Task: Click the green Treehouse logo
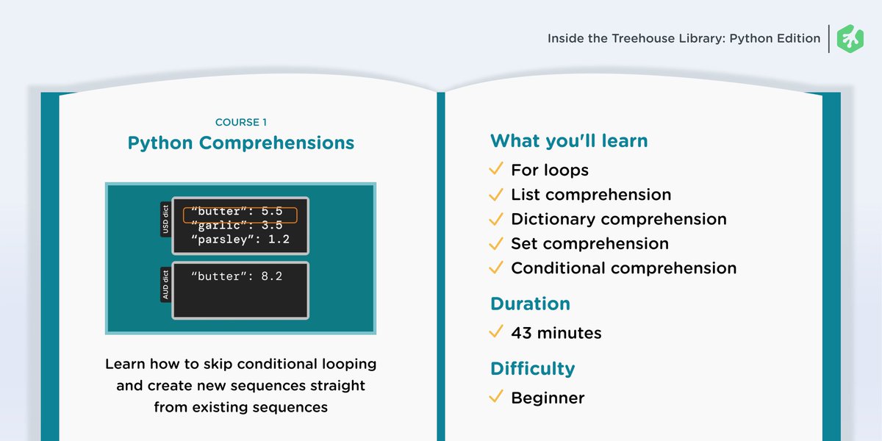[x=850, y=38]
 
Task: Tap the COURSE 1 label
[x=241, y=122]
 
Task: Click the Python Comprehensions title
[x=241, y=143]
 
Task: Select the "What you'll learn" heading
[x=569, y=140]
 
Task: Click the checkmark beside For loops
[x=496, y=168]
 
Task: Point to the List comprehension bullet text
[x=591, y=195]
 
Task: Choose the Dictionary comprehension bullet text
[x=619, y=219]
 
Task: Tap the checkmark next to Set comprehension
[x=496, y=243]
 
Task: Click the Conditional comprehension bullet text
[x=624, y=268]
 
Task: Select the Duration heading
[x=530, y=304]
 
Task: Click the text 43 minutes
[x=556, y=333]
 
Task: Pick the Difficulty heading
[x=532, y=369]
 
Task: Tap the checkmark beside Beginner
[x=496, y=396]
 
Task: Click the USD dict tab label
[x=166, y=219]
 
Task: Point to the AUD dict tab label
[x=166, y=284]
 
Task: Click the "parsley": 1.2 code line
[x=240, y=240]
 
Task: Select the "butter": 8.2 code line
[x=237, y=276]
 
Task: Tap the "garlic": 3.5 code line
[x=237, y=225]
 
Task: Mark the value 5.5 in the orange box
[x=272, y=212]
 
